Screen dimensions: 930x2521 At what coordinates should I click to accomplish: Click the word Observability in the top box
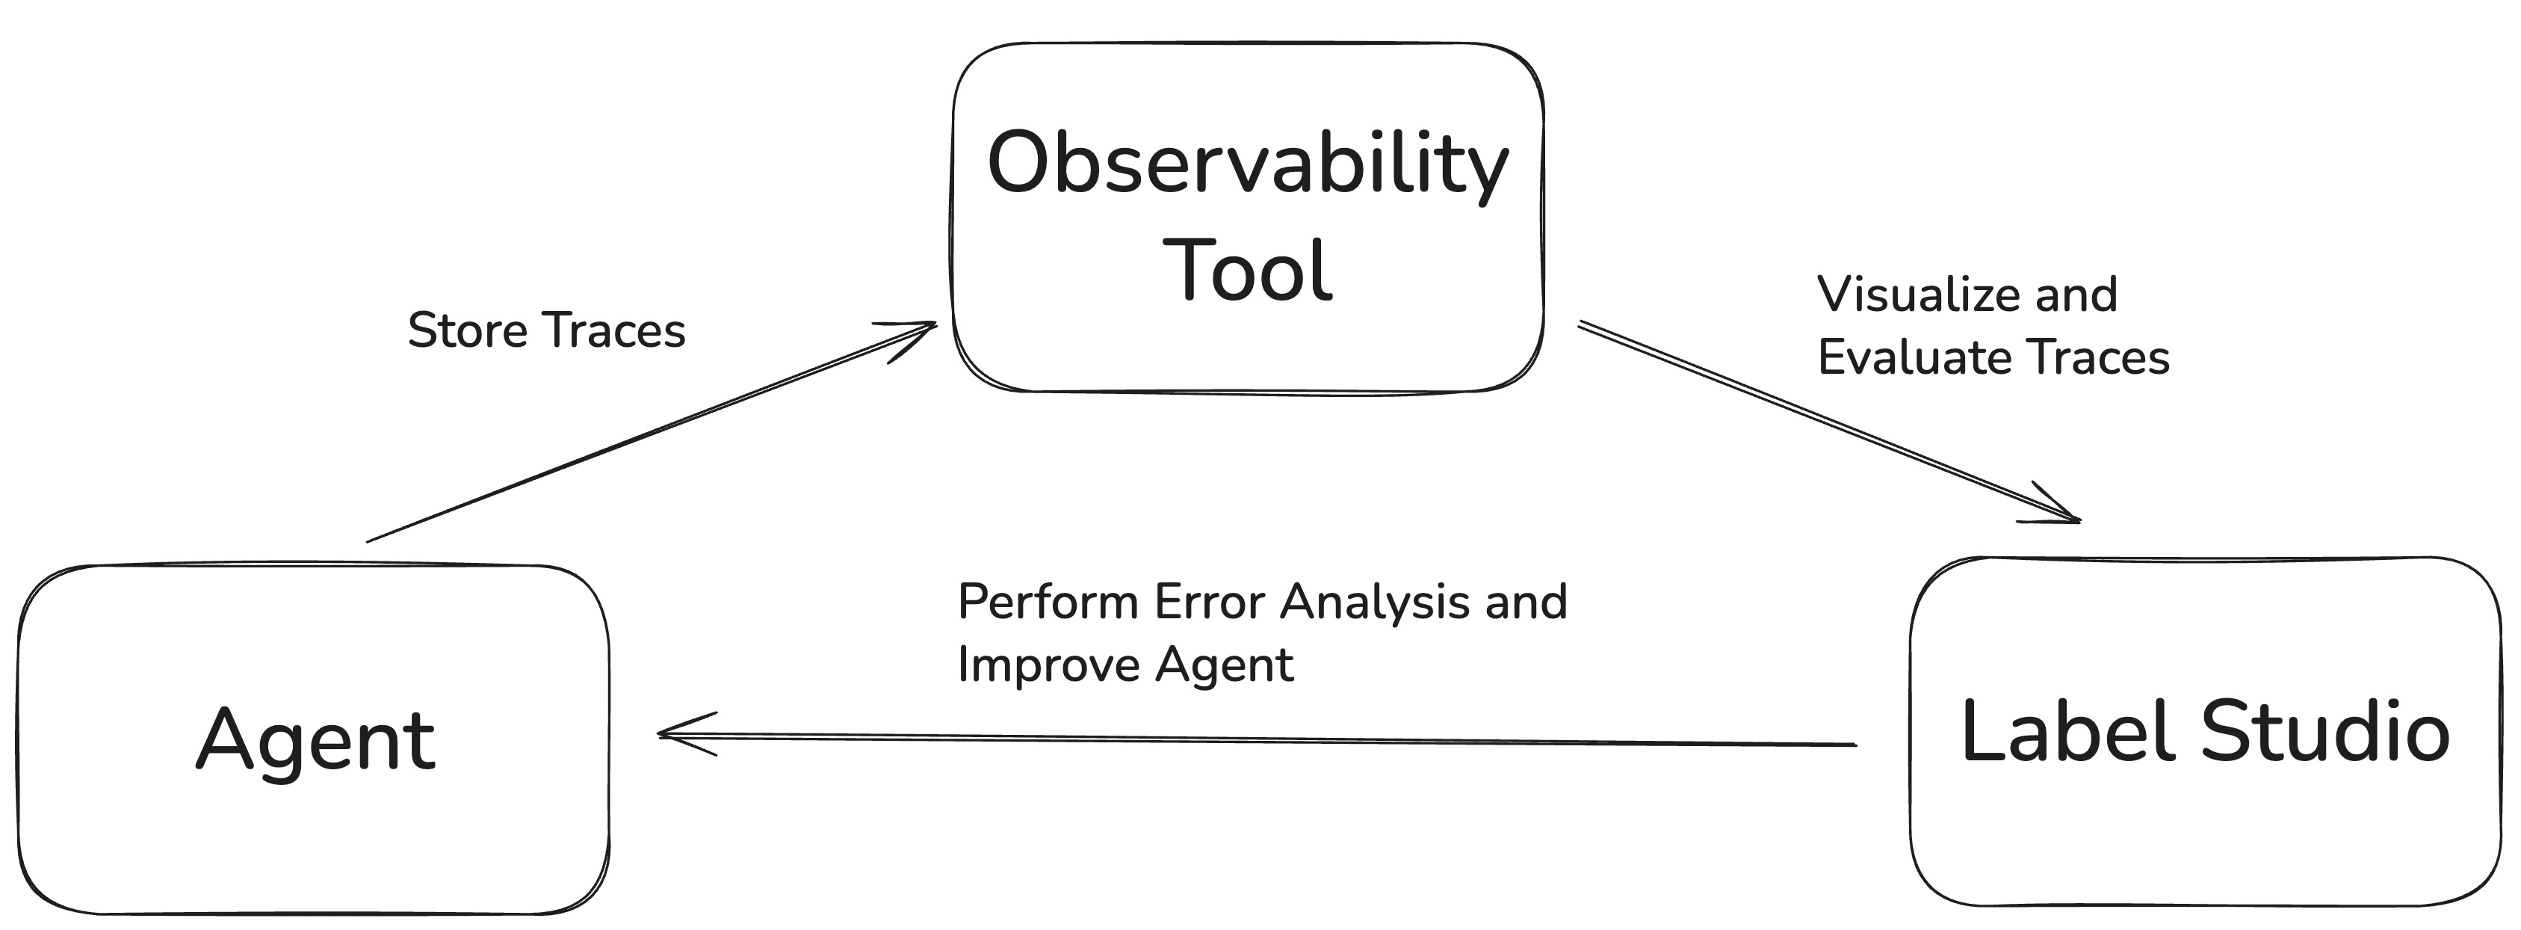pyautogui.click(x=1248, y=164)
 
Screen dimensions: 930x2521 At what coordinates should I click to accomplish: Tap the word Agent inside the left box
pyautogui.click(x=315, y=741)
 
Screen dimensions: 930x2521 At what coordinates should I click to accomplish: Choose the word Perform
pyautogui.click(x=1047, y=602)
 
